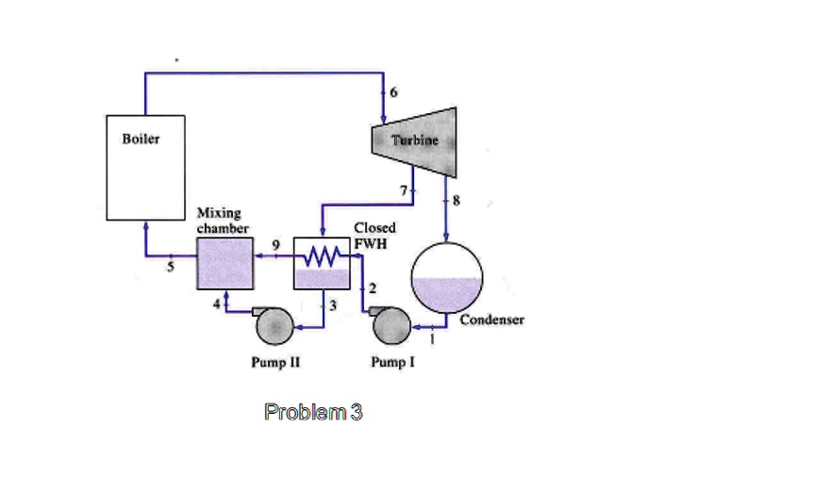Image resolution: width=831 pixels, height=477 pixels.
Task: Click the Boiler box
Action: coord(144,167)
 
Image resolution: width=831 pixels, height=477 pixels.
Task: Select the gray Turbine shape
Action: coord(416,142)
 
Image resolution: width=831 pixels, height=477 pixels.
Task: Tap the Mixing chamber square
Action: coord(224,263)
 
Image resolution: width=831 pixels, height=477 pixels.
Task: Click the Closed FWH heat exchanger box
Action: coord(322,263)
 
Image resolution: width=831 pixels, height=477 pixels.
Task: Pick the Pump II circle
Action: coord(274,326)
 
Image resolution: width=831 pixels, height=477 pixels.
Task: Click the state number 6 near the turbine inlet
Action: coord(394,92)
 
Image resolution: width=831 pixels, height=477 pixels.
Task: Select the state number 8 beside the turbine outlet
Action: coord(458,199)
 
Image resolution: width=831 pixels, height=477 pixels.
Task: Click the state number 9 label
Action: coord(275,244)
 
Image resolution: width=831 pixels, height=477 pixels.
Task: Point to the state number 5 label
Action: coord(171,266)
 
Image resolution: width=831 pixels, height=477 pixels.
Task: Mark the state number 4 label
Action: coord(216,303)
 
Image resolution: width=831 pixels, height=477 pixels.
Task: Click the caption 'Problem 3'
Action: coord(313,412)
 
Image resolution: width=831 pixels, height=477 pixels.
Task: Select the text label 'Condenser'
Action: coord(491,320)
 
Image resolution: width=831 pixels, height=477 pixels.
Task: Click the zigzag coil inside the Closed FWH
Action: coord(324,255)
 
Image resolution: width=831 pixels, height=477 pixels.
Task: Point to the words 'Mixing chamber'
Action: coord(222,221)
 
